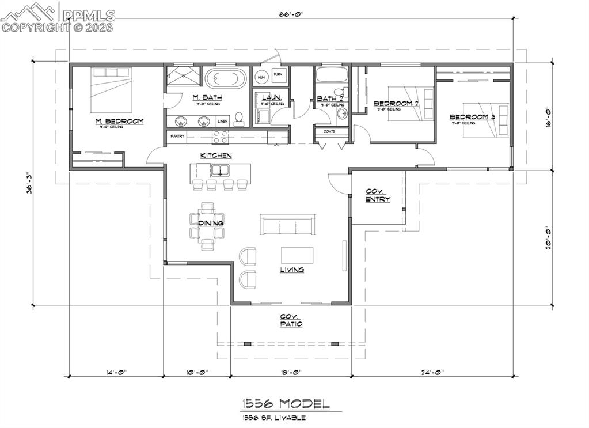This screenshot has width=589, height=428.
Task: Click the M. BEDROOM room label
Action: (119, 121)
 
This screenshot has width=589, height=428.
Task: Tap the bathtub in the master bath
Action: (226, 78)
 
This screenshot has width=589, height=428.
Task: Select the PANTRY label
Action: (177, 136)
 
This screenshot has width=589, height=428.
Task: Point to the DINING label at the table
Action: (211, 223)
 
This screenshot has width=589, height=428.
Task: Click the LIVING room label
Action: (292, 270)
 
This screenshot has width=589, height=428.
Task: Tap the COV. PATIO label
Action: (291, 320)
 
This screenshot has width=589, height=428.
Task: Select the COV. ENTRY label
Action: (378, 195)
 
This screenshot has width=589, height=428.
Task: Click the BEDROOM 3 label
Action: (472, 117)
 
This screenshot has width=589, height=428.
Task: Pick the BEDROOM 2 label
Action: (395, 104)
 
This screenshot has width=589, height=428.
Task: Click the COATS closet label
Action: (330, 131)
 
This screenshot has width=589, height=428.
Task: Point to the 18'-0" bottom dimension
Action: (291, 372)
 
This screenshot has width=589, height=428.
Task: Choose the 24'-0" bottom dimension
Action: (432, 372)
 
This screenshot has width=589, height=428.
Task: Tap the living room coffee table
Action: (297, 255)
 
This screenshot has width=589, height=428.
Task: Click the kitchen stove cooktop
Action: (219, 137)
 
